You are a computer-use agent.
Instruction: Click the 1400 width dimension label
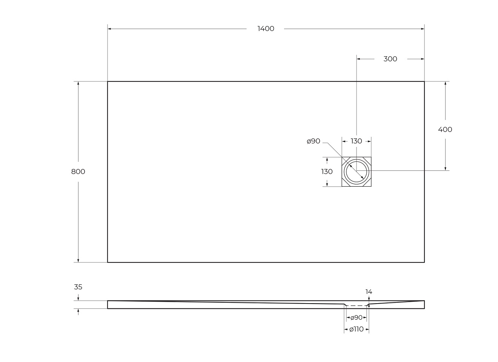(266, 29)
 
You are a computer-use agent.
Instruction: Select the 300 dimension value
(390, 59)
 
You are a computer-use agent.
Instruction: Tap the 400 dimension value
(445, 129)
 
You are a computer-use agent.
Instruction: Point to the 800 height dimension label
(78, 172)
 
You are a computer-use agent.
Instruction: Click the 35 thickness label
(78, 287)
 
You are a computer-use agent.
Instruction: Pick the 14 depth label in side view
(369, 291)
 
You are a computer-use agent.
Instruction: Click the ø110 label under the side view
(357, 329)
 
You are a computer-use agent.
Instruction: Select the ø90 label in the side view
(357, 318)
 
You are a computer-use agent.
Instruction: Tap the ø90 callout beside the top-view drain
(314, 141)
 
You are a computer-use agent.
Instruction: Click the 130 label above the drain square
(356, 141)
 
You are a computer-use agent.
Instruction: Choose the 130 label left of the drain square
(327, 172)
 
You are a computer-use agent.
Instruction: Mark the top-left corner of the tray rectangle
(108, 81)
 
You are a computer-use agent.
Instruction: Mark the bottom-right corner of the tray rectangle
(424, 262)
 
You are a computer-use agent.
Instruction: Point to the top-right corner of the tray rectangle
(424, 81)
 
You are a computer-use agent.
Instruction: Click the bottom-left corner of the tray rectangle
(108, 262)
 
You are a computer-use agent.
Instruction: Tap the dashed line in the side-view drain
(357, 305)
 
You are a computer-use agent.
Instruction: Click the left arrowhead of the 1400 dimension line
(109, 29)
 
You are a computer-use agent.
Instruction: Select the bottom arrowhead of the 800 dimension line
(78, 260)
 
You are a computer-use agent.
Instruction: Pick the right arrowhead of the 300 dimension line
(423, 59)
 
